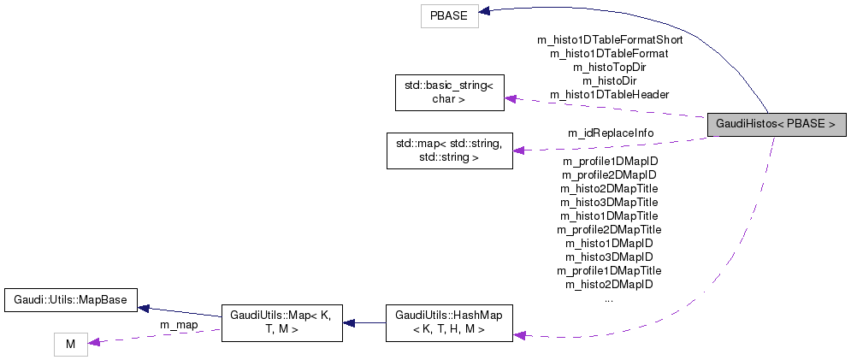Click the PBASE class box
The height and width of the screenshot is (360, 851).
click(448, 16)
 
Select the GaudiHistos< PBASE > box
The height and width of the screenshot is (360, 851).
click(776, 124)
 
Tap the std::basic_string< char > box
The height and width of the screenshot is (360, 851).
click(449, 92)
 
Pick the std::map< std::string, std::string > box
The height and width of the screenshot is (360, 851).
click(449, 150)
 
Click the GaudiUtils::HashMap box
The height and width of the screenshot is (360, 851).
click(449, 323)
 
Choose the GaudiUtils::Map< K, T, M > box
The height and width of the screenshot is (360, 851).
click(282, 323)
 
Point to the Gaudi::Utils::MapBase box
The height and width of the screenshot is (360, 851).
click(72, 300)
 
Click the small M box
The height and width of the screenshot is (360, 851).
click(70, 345)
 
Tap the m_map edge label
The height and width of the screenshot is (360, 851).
click(179, 325)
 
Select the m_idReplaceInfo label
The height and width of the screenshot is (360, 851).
click(610, 133)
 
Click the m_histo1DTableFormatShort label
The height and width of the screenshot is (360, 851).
click(609, 39)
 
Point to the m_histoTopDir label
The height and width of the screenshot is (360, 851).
click(609, 67)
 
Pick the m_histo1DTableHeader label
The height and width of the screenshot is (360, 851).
click(609, 94)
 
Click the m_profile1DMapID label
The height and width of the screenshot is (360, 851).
click(609, 161)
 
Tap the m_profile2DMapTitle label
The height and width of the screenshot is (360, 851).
click(609, 229)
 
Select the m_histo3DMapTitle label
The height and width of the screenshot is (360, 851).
click(609, 202)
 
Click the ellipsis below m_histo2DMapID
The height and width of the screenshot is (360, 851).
click(609, 298)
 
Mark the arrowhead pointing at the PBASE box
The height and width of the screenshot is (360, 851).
click(483, 11)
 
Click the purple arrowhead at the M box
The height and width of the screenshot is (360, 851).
click(94, 342)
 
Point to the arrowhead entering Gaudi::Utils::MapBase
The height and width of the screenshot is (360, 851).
click(145, 307)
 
